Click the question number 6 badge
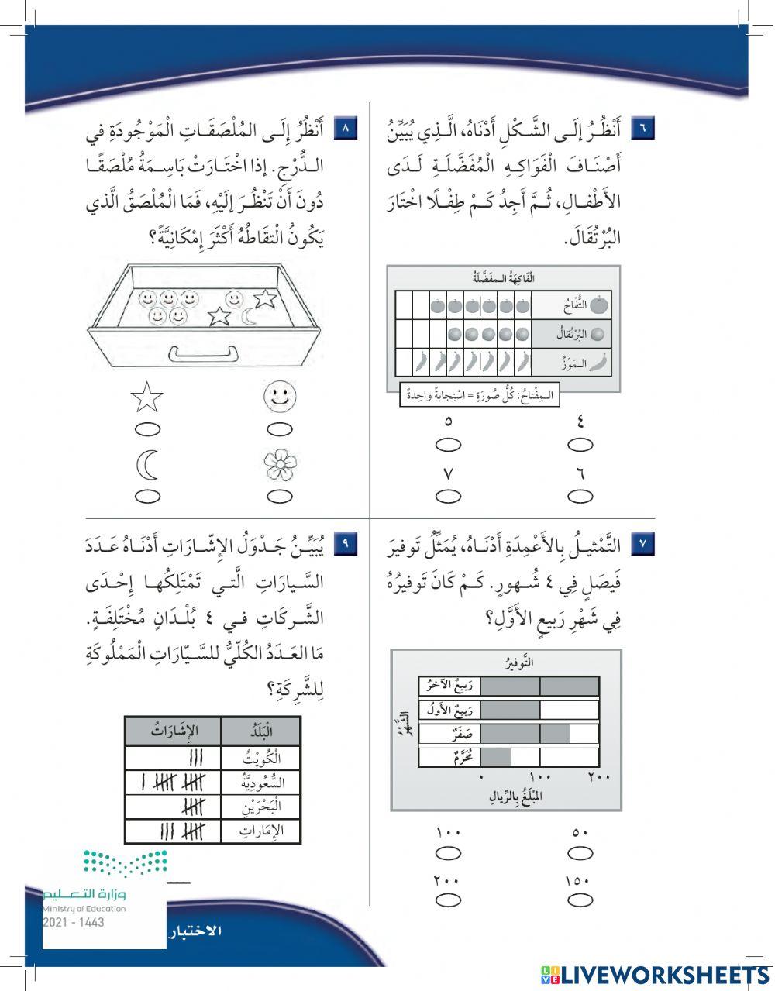[643, 128]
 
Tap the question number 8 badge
[346, 128]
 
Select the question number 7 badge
[643, 545]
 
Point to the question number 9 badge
[346, 545]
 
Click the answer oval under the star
[147, 429]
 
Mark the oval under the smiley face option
[280, 429]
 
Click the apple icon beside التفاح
[599, 305]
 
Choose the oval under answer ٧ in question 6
[448, 496]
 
